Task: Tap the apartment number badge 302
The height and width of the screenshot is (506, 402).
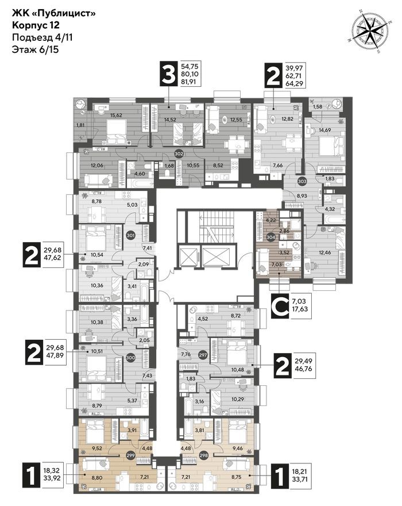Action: (x=179, y=154)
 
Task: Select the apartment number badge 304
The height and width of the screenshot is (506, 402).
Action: (x=271, y=237)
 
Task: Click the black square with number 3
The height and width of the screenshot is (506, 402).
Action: (x=169, y=74)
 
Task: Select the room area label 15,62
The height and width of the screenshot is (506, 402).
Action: (x=116, y=115)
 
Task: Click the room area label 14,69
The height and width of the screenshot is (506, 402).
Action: (x=325, y=130)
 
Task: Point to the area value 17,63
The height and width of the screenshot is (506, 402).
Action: (x=300, y=309)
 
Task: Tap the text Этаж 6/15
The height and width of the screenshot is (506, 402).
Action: (x=36, y=49)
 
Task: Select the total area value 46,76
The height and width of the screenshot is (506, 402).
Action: (x=303, y=368)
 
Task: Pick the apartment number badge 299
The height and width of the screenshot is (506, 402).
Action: (x=130, y=455)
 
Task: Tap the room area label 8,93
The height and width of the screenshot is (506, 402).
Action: (x=301, y=195)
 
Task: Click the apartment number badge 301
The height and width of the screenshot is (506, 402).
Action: (x=130, y=235)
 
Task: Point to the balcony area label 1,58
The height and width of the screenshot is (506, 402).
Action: (x=317, y=106)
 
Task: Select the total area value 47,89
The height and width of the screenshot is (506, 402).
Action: (x=55, y=355)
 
